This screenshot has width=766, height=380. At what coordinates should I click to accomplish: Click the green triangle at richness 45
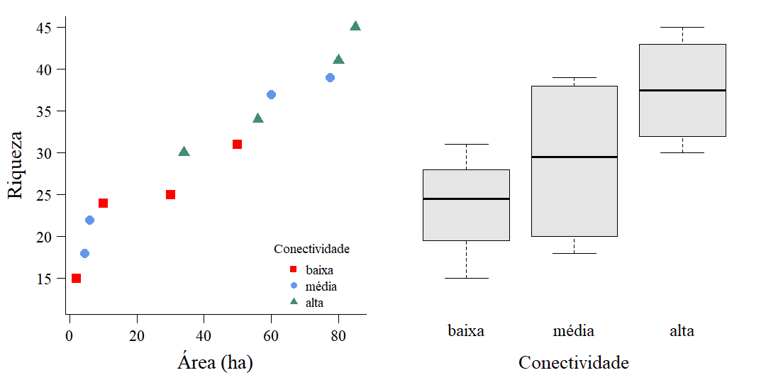click(355, 27)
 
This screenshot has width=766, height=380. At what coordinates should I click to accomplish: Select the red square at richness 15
click(76, 278)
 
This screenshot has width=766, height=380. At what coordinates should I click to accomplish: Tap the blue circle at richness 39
click(330, 77)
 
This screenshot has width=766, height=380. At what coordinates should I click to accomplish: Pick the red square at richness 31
click(237, 144)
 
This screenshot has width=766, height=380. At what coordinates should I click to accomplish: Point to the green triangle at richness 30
click(184, 152)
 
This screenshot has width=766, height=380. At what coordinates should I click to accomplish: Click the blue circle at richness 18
click(84, 253)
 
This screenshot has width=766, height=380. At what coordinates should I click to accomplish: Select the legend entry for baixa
click(318, 270)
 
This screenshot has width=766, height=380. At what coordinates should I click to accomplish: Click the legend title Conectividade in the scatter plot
click(311, 250)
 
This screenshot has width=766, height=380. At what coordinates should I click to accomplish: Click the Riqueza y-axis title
click(16, 164)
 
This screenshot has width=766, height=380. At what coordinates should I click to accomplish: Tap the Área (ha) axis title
click(215, 363)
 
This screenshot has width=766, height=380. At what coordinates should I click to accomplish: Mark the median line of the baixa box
click(466, 199)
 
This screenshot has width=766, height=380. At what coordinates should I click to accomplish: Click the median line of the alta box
click(682, 90)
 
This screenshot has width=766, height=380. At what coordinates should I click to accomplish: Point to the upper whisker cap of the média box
click(574, 77)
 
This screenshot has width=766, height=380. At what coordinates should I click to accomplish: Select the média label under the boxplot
click(574, 330)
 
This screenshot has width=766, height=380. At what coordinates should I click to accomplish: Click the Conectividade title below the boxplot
click(573, 363)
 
